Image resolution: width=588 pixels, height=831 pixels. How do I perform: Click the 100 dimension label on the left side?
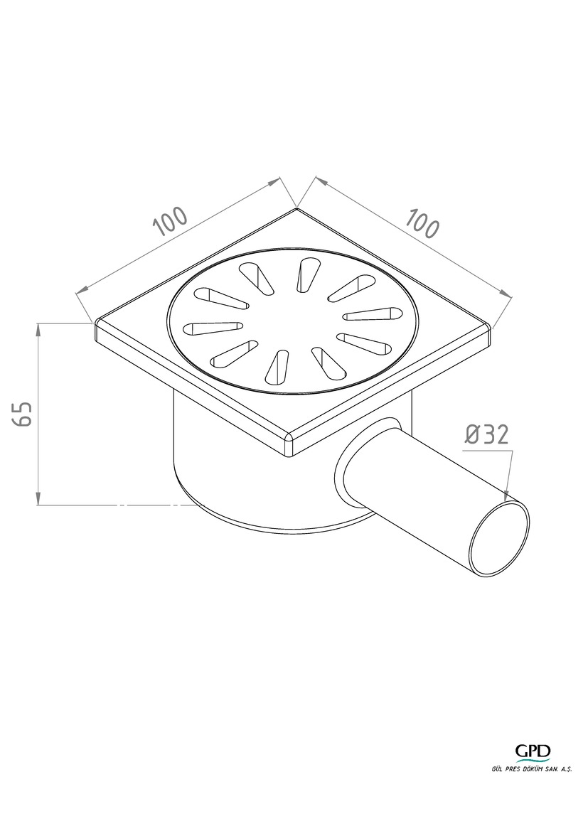(x=171, y=220)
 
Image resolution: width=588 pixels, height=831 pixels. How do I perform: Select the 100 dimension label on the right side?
(x=422, y=224)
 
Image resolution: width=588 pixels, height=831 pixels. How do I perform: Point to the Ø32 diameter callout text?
(x=487, y=434)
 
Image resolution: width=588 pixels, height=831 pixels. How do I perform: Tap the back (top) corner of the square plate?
(x=296, y=208)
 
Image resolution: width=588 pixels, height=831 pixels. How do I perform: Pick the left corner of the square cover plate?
(x=96, y=322)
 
